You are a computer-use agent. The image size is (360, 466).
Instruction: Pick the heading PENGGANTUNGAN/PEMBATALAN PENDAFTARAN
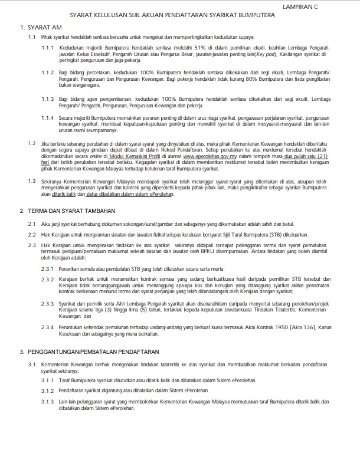(89, 350)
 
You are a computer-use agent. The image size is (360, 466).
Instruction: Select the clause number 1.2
(32, 143)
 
